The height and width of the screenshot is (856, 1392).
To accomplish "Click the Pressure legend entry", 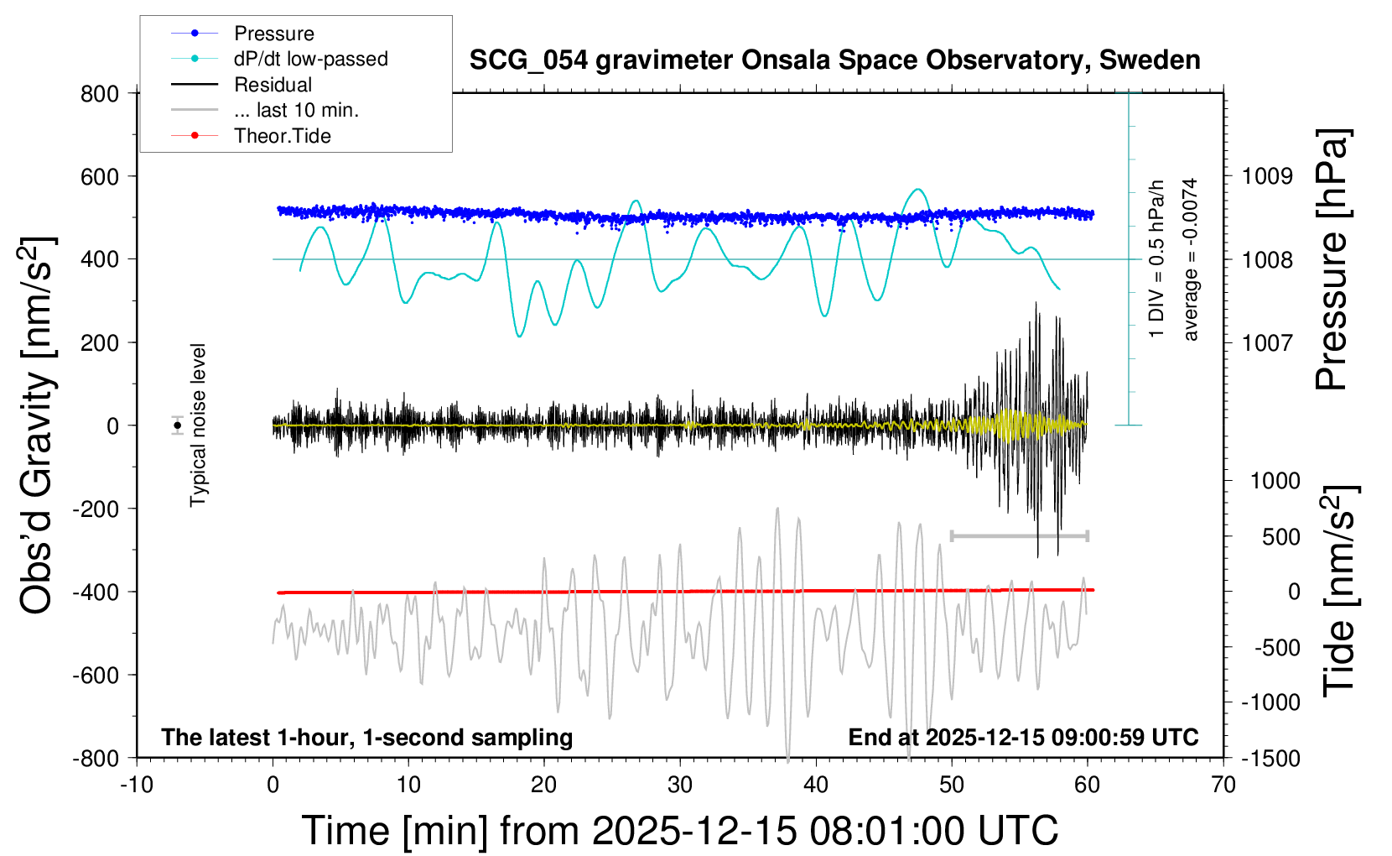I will (x=273, y=34).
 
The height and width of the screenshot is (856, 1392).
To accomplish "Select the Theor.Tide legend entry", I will (x=282, y=136).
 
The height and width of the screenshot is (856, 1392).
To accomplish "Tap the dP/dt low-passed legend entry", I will (x=310, y=59).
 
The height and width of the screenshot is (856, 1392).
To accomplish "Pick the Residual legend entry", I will (x=273, y=85).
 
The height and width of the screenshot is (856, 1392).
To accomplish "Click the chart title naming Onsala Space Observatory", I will (x=834, y=60).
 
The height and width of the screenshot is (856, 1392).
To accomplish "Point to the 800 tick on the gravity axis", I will (x=101, y=93).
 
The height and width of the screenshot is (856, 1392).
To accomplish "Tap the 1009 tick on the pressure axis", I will (x=1267, y=176).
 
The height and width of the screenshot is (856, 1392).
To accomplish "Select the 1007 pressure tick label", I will (x=1267, y=342).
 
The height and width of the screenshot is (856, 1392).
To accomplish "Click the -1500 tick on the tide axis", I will (x=1270, y=758).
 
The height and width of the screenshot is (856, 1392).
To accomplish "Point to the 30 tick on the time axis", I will (x=680, y=786).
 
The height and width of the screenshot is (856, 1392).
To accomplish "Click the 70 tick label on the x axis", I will (x=1223, y=786).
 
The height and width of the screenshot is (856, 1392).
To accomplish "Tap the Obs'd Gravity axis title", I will (x=37, y=425).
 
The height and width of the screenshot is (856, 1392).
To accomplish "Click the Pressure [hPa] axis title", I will (x=1332, y=260).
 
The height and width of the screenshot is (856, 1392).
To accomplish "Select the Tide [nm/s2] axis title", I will (x=1339, y=591).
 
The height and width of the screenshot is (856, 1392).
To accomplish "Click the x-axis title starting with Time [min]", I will (x=680, y=831).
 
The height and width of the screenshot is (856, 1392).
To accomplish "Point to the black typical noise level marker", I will (x=178, y=425).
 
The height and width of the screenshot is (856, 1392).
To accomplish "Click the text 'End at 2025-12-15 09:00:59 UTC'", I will (x=1023, y=738).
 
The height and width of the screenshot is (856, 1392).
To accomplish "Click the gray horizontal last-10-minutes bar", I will (x=1020, y=535).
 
